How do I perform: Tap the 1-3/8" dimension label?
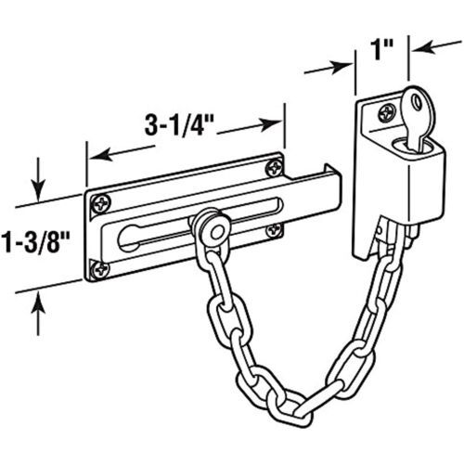(x=35, y=242)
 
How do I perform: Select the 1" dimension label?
(x=382, y=49)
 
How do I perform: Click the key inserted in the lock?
(x=419, y=119)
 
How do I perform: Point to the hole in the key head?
(x=418, y=101)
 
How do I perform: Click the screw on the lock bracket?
(x=387, y=113)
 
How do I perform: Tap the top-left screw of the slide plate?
(x=101, y=204)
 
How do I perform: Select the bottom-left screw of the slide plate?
(x=101, y=269)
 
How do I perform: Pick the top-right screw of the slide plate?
(x=275, y=169)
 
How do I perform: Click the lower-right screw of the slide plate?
(x=275, y=230)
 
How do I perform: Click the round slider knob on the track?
(x=213, y=228)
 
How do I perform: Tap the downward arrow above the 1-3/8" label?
(x=38, y=179)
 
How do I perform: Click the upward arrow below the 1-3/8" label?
(x=38, y=314)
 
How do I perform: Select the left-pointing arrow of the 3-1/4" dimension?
(x=122, y=152)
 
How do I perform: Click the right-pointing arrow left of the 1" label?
(x=329, y=68)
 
